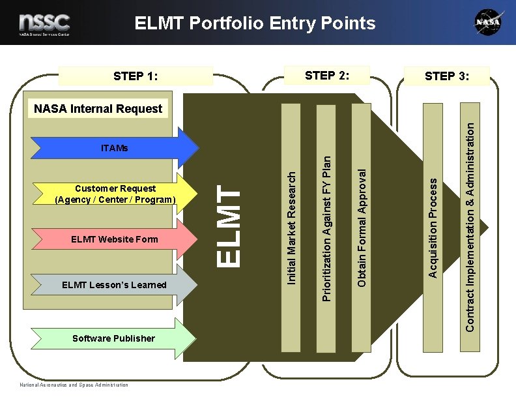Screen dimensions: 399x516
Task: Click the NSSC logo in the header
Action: click(44, 23)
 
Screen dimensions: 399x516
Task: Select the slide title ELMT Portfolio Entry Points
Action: click(255, 23)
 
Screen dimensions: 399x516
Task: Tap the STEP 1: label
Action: click(136, 76)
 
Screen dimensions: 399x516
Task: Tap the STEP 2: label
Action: click(328, 75)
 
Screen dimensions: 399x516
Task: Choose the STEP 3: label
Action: click(447, 76)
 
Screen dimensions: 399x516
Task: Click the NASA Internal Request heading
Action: click(98, 109)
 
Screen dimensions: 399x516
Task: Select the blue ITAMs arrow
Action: click(115, 148)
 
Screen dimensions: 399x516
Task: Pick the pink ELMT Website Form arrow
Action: click(114, 239)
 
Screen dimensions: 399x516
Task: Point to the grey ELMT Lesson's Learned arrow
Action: click(114, 285)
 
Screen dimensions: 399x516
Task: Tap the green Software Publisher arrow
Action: click(113, 338)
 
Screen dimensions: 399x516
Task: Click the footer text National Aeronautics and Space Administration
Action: click(74, 385)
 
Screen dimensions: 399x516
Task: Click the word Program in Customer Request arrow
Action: click(155, 199)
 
